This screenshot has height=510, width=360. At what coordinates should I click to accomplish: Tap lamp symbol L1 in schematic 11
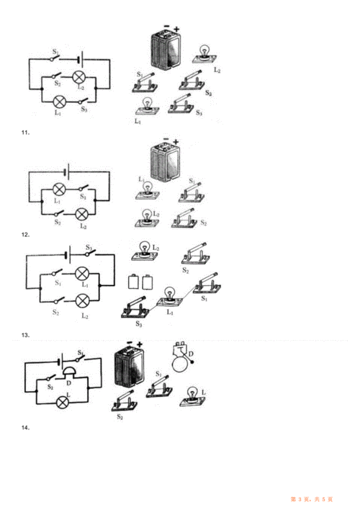click(x=61, y=100)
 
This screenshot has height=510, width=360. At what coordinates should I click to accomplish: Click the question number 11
click(x=26, y=133)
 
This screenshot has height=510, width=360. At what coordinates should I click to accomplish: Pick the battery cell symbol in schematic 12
click(x=67, y=172)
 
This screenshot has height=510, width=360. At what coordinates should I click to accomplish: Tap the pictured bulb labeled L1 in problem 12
click(x=149, y=190)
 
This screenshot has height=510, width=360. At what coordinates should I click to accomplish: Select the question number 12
click(x=26, y=235)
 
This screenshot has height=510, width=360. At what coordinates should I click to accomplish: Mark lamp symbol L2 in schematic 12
click(x=82, y=213)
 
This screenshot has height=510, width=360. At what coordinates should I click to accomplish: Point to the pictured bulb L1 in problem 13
click(x=169, y=295)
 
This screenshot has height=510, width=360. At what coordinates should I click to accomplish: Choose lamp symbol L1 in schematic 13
click(x=82, y=274)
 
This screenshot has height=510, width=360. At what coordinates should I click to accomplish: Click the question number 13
click(x=26, y=335)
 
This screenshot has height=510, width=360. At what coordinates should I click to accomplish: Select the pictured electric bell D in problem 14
click(x=180, y=358)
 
